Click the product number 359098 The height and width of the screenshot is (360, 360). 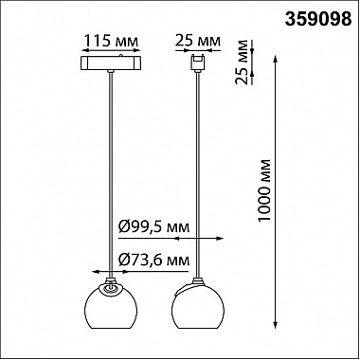point(318,20)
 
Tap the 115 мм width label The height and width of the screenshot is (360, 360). point(111,41)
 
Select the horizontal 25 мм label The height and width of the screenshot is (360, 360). point(198,41)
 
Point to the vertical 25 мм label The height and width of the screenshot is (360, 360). point(242,63)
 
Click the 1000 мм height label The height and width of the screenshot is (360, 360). point(264,190)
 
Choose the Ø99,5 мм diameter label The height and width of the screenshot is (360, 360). point(154,227)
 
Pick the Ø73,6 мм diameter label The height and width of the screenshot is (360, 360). point(154,261)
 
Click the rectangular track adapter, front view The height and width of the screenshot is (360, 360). point(111,63)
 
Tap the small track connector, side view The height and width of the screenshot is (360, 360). point(198,63)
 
